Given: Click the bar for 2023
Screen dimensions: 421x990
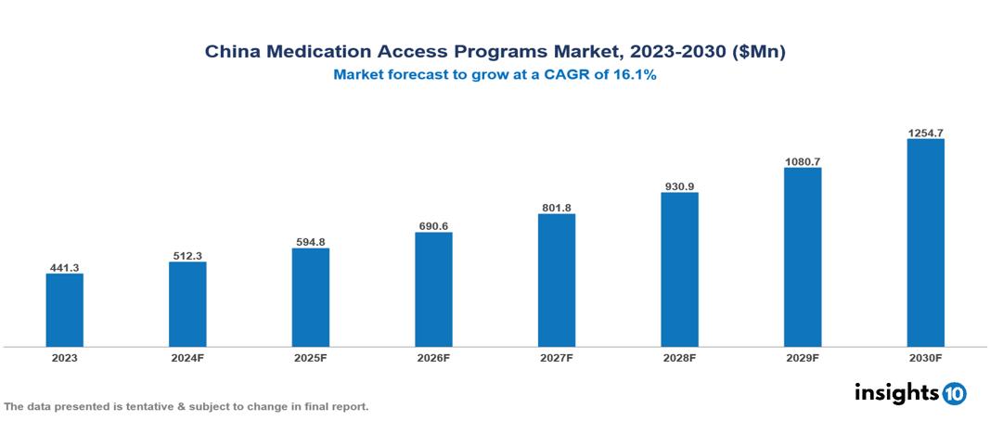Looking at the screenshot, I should point(64,310).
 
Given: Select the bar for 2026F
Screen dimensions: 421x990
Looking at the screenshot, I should point(433,289).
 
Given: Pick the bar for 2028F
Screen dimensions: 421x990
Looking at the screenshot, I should point(679,270).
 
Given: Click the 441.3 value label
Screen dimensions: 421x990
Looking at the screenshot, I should point(64,267).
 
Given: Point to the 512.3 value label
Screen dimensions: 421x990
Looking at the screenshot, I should point(187,256).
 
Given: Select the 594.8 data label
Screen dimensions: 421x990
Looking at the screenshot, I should point(310,242).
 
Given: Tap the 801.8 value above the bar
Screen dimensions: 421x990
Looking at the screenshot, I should point(556,208).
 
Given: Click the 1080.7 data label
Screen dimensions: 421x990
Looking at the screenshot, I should point(802,161).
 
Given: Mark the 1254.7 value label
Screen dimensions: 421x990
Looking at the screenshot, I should point(925,133).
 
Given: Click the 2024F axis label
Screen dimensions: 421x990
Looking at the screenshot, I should point(187,357).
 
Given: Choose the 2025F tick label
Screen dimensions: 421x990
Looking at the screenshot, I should point(310,357).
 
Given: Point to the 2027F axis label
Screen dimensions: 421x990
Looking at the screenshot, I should point(556,357).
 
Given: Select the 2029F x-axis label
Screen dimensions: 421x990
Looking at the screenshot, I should point(802,357).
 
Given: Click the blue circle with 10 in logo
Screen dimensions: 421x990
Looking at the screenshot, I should point(955,393).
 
